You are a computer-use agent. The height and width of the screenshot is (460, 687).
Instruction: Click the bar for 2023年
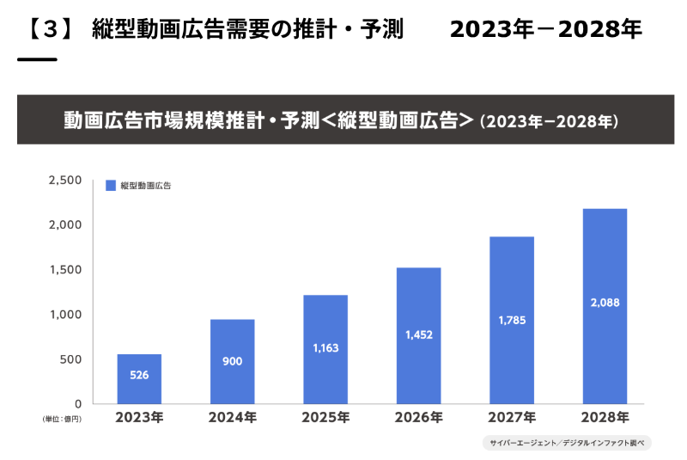[x=139, y=378]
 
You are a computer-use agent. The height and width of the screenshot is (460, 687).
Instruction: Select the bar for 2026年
[x=418, y=335]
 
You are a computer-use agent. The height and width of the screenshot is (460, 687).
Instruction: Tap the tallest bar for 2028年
[x=604, y=305]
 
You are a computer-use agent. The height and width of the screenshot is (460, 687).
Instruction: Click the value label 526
[x=139, y=374]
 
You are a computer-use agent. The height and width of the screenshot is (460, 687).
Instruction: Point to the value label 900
[x=232, y=361]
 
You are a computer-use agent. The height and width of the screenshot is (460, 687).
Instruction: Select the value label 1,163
[x=325, y=350]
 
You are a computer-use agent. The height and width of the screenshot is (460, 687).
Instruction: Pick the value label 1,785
[x=511, y=321]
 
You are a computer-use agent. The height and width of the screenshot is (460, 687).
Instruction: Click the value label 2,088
[x=604, y=303]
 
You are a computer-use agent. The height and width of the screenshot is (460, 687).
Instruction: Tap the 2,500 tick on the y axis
[x=65, y=180]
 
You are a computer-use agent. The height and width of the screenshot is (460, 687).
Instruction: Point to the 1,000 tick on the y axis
[x=65, y=314]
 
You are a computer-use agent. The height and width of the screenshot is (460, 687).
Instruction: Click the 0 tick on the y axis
[x=77, y=403]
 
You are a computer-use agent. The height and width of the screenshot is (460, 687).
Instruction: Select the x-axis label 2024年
[x=232, y=418]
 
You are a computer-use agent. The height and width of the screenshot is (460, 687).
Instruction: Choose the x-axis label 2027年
[x=511, y=418]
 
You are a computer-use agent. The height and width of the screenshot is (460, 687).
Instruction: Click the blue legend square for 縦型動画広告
[x=110, y=186]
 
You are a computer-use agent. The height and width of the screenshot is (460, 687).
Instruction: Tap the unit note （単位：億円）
[x=60, y=419]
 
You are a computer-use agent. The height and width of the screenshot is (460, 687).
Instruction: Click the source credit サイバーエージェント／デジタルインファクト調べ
[x=567, y=443]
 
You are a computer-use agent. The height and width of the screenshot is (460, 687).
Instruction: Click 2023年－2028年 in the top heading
[x=545, y=30]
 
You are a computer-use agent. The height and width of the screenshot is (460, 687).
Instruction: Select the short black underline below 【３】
[x=37, y=59]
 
